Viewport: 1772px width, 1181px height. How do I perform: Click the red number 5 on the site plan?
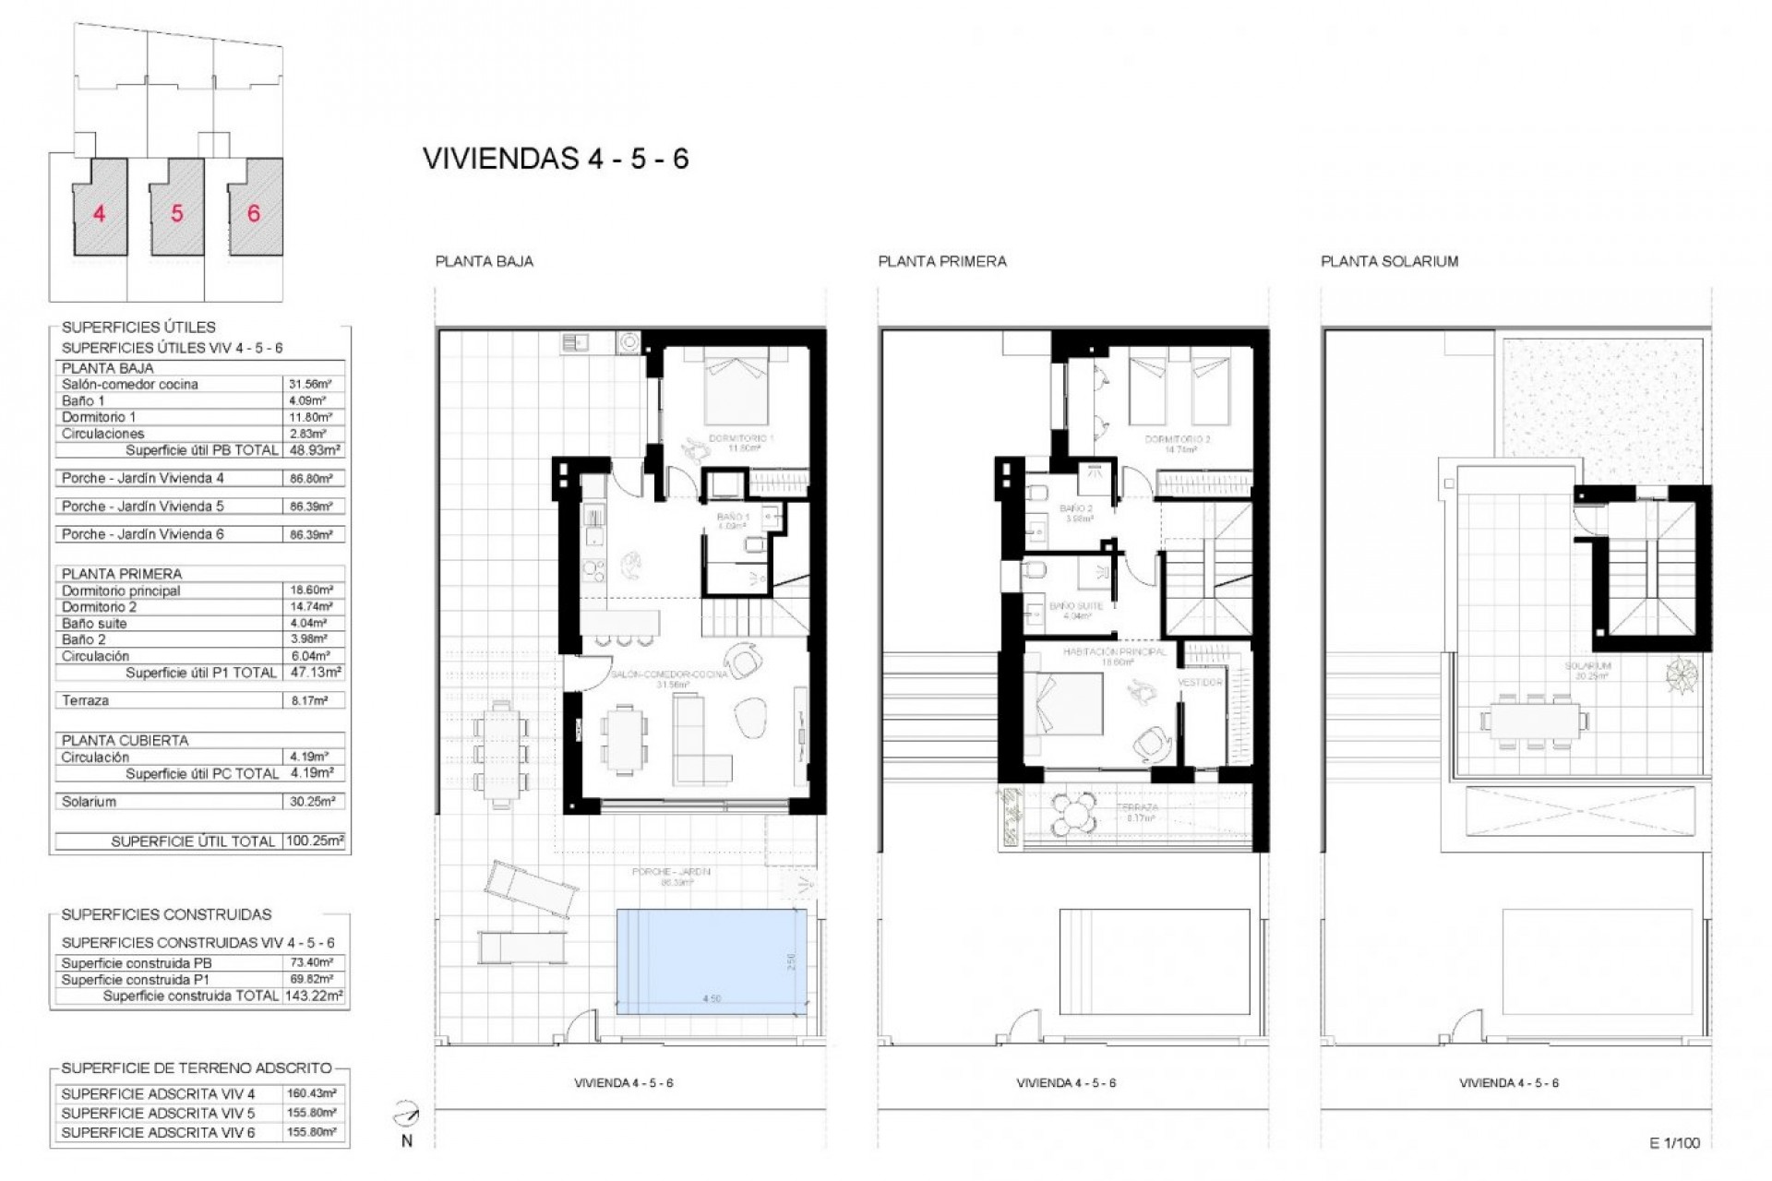176,214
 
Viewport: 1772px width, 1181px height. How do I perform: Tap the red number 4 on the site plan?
99,214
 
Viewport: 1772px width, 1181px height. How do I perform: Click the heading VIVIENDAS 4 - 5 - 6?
556,159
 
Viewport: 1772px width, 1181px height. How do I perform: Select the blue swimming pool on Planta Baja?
711,961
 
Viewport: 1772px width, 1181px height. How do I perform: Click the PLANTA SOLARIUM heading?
1389,261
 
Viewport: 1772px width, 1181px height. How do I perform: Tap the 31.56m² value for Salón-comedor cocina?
313,384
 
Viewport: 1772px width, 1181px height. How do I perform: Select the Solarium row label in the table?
90,801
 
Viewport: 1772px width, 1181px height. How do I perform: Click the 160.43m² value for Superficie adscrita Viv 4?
312,1093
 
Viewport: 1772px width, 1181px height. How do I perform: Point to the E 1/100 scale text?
1674,1142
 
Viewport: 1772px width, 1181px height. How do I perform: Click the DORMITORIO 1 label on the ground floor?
740,438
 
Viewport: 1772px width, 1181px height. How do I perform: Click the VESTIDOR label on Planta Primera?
1199,682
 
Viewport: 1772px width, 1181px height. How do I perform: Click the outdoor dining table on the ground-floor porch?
503,749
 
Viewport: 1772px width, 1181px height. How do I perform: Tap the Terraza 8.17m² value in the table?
313,700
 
